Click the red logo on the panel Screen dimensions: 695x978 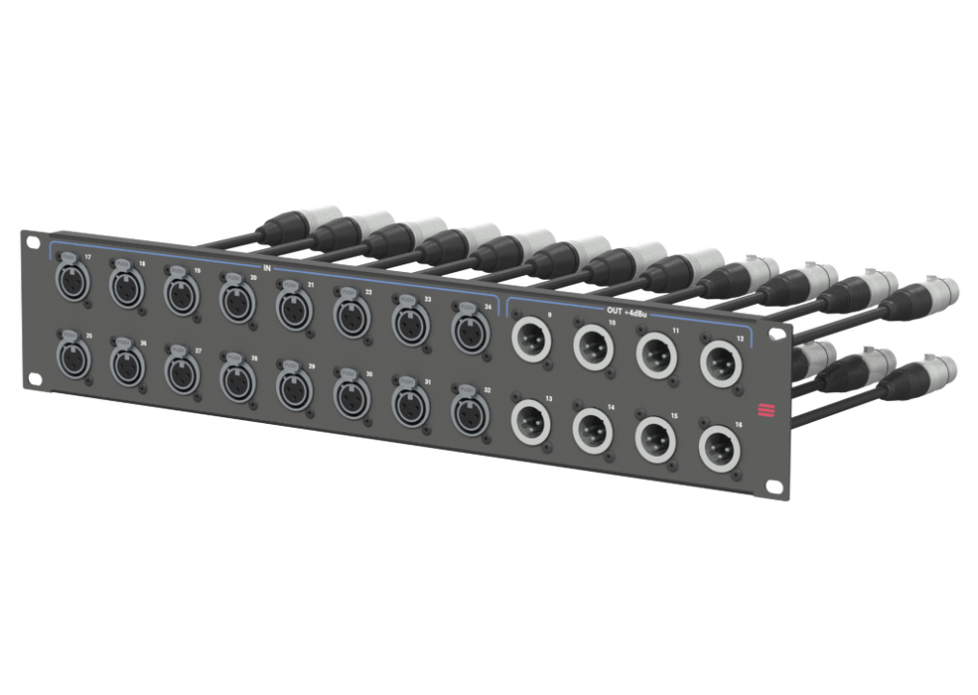(766, 409)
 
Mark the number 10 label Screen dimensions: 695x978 (611, 324)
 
